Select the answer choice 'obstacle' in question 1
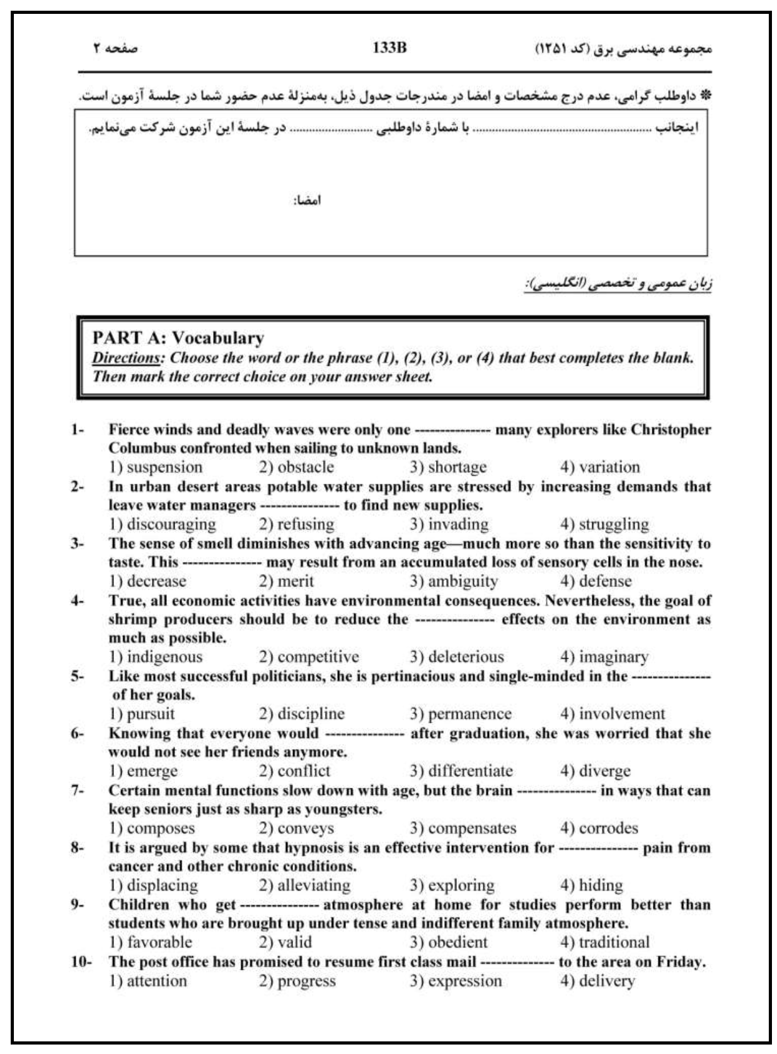305,467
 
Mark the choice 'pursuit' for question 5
151,713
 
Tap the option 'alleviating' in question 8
313,885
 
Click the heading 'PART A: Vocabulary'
178,338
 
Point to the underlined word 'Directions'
126,358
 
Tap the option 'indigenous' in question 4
164,657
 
